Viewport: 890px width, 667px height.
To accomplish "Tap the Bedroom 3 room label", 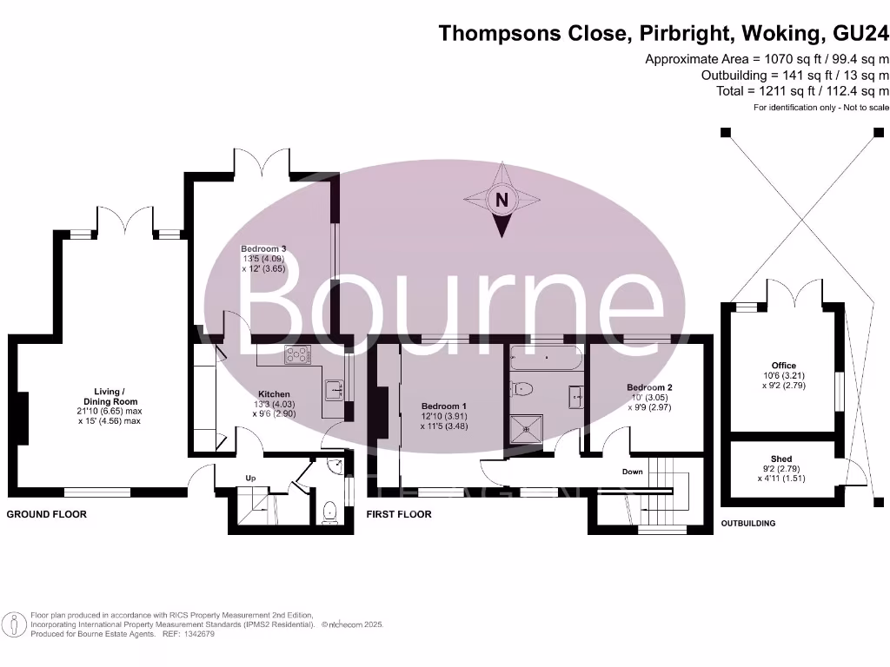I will click(x=263, y=259).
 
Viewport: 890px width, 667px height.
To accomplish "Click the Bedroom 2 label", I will click(x=649, y=387).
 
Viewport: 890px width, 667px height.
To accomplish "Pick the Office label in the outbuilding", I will click(x=783, y=366).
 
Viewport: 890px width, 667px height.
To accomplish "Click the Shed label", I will click(x=781, y=459).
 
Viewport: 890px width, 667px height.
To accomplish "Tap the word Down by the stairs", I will click(x=632, y=472).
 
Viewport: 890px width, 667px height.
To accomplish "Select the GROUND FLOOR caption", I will click(x=47, y=514).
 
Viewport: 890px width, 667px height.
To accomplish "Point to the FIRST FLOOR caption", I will click(x=399, y=514).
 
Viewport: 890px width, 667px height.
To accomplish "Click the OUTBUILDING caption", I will click(x=749, y=524).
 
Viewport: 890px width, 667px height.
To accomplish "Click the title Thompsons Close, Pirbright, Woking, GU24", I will click(x=664, y=33).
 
